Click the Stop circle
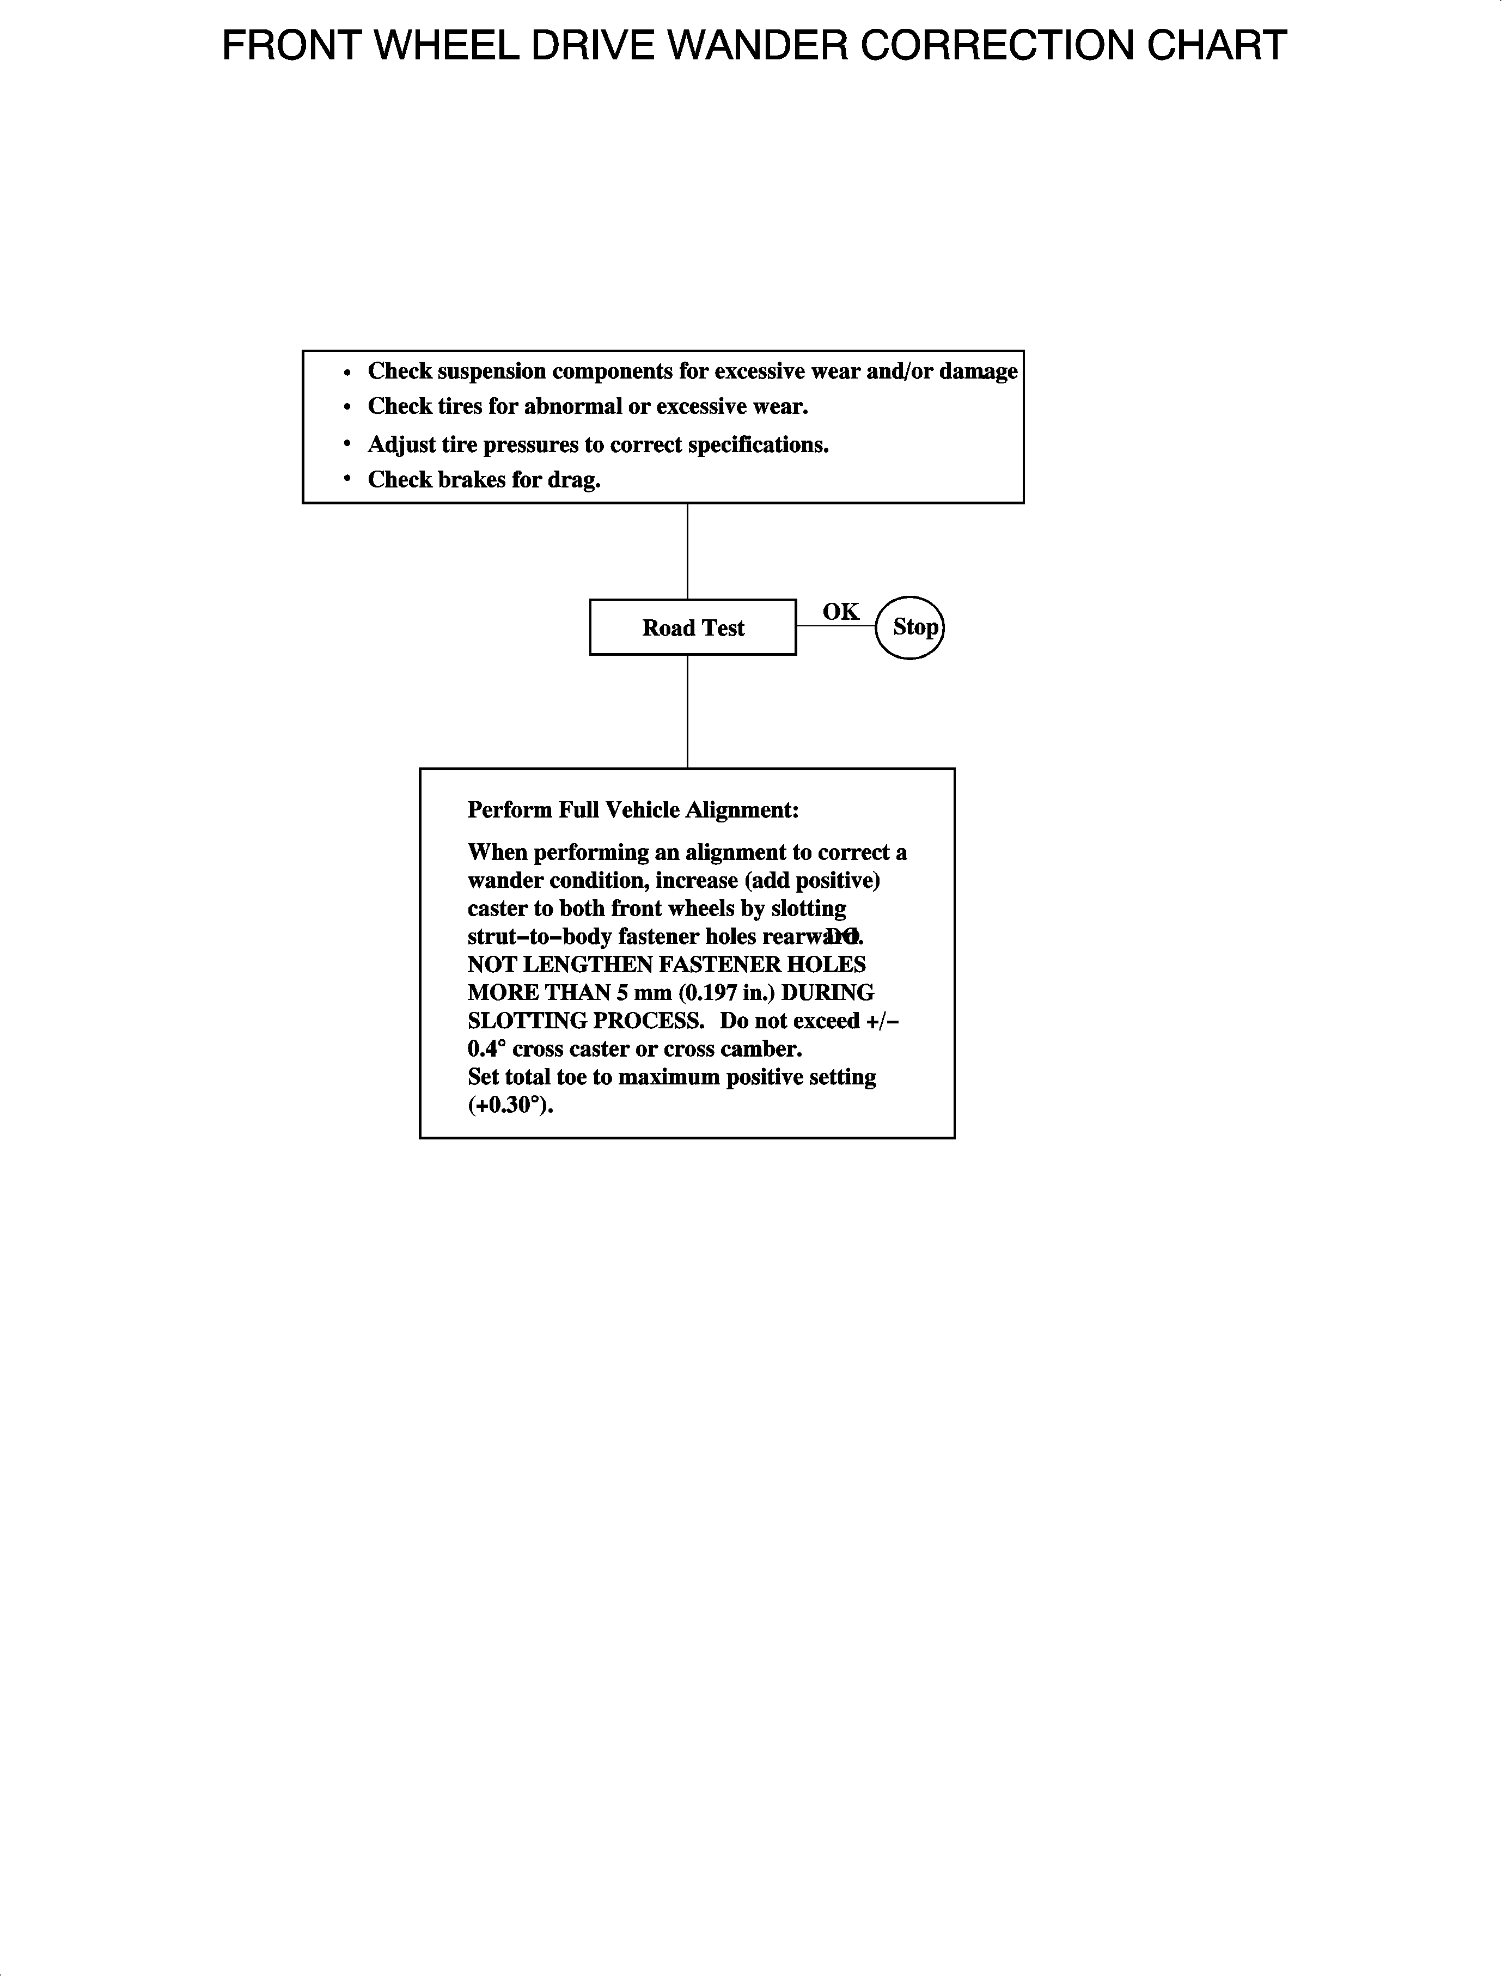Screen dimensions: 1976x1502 pyautogui.click(x=909, y=627)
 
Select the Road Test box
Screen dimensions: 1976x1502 pyautogui.click(x=693, y=627)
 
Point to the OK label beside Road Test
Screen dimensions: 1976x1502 pyautogui.click(x=840, y=612)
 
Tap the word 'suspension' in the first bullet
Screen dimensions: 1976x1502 pyautogui.click(x=492, y=371)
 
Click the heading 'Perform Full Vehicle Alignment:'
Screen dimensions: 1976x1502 pyautogui.click(x=633, y=810)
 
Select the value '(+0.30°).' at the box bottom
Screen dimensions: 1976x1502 pyautogui.click(x=510, y=1105)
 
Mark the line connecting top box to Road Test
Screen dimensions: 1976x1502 pyautogui.click(x=687, y=551)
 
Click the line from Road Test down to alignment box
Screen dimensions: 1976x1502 pyautogui.click(x=687, y=711)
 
